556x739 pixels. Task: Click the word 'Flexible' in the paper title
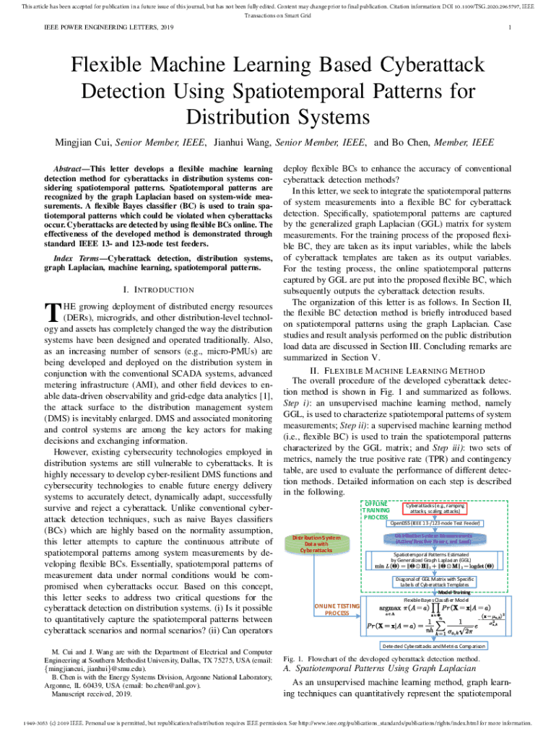pyautogui.click(x=116, y=68)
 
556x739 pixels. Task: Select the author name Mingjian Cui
pyautogui.click(x=87, y=142)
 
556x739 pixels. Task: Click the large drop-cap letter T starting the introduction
pyautogui.click(x=51, y=312)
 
